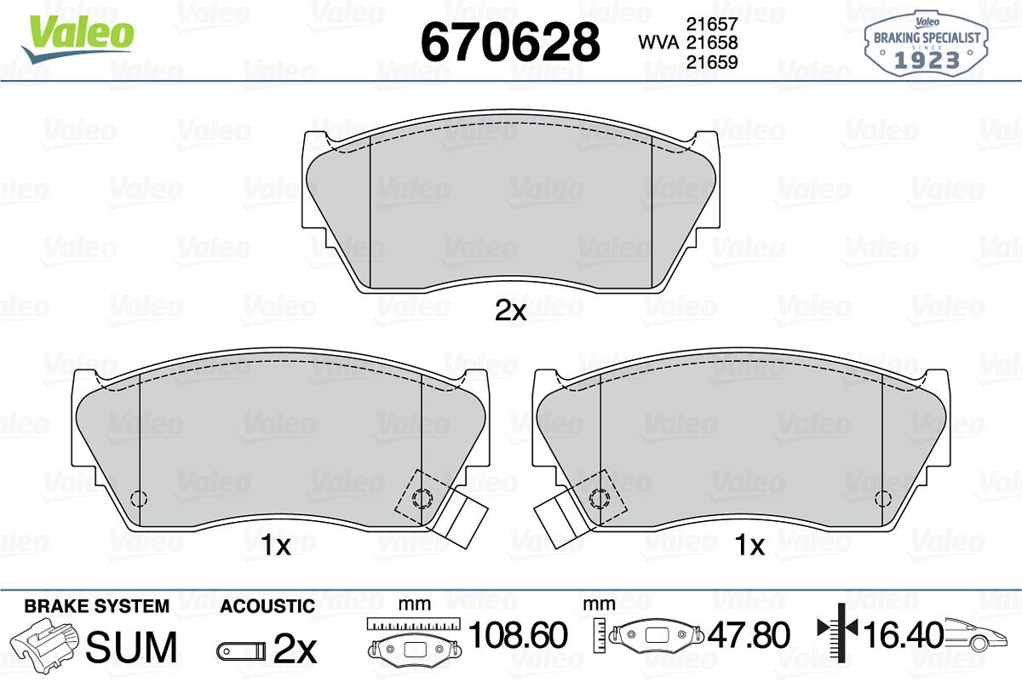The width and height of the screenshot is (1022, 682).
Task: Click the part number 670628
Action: point(510,42)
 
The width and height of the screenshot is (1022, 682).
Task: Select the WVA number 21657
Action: point(712,24)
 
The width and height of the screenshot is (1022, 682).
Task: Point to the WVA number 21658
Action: point(712,43)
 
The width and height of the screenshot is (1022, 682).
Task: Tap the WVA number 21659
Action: point(712,62)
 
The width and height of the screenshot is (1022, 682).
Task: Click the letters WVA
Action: point(658,43)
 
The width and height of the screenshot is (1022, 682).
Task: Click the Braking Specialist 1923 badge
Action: point(927,43)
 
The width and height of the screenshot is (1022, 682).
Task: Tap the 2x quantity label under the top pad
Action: point(510,311)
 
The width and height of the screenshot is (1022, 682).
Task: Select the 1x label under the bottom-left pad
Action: point(276,545)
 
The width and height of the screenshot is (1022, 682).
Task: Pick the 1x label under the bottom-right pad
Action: point(749,545)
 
